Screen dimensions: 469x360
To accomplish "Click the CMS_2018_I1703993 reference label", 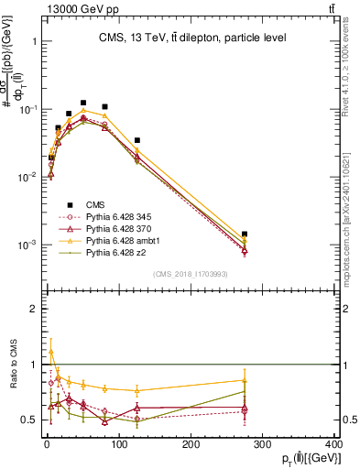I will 191,274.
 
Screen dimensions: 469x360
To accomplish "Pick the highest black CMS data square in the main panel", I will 83,104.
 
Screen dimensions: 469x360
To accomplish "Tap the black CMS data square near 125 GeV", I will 136,140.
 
